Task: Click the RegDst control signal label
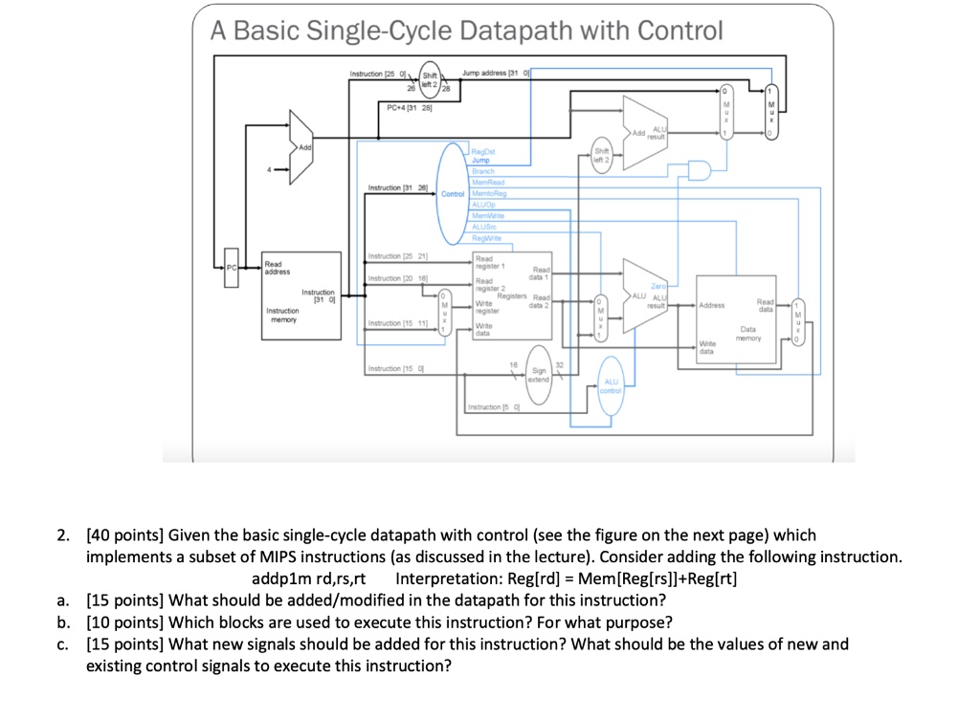(484, 150)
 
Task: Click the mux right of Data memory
(798, 322)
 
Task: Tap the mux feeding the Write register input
(442, 309)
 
